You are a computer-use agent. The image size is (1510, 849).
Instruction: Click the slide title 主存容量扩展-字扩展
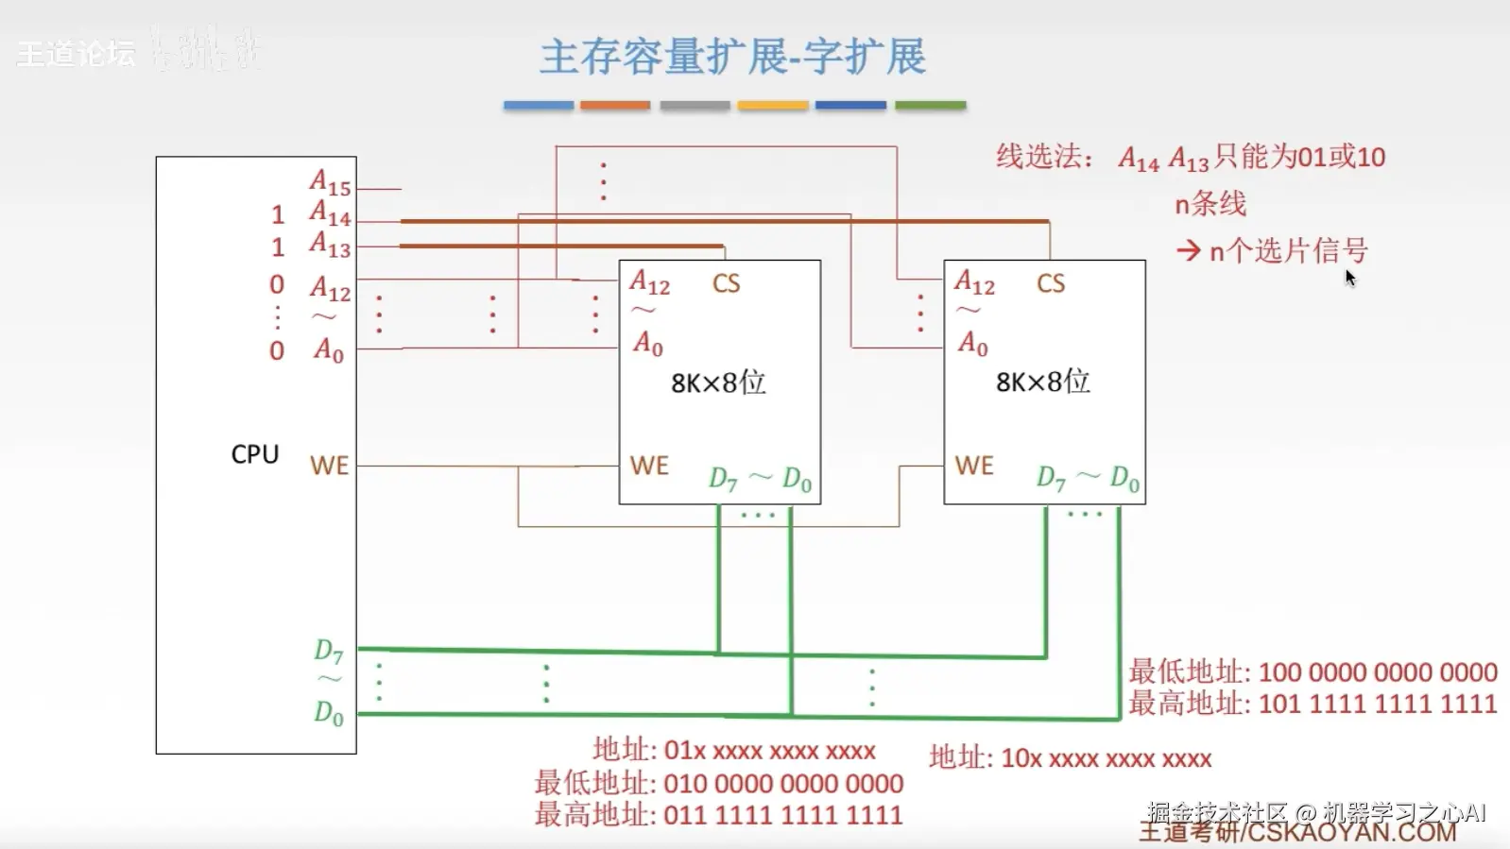point(732,57)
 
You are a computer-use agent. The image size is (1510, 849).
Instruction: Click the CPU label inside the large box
point(254,454)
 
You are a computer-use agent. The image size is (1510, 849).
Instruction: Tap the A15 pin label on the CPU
point(330,182)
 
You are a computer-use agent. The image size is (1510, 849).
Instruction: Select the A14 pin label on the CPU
point(330,213)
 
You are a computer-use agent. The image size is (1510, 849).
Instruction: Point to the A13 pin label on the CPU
point(330,245)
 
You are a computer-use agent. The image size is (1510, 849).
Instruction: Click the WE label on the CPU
point(329,466)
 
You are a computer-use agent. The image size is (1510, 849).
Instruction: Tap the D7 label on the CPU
point(328,651)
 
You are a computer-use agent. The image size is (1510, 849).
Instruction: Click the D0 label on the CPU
point(328,713)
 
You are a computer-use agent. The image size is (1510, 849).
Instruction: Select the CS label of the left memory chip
point(726,283)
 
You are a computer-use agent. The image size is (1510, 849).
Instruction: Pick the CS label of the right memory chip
point(1050,283)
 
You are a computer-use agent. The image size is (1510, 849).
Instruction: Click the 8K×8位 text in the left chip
point(718,382)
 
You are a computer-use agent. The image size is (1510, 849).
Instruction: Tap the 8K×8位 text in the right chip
point(1042,382)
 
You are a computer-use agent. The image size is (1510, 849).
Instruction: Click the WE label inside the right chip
point(973,466)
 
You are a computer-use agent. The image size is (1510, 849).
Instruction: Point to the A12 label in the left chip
point(649,282)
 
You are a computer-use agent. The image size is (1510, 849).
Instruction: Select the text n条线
point(1210,203)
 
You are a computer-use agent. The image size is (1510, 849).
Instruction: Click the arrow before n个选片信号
point(1188,251)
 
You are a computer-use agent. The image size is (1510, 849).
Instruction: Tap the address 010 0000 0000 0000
point(783,784)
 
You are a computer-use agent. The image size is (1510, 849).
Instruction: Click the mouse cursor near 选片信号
point(1349,278)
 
